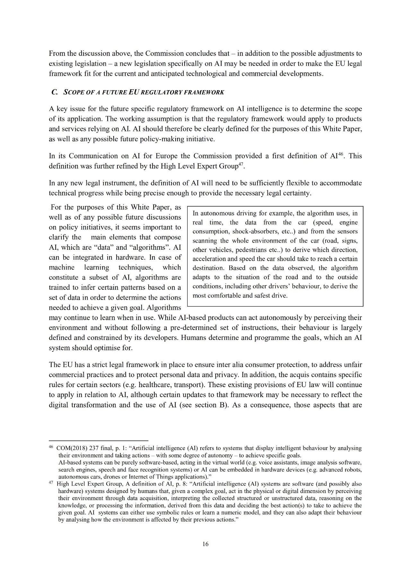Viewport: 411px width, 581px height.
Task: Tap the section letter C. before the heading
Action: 54,92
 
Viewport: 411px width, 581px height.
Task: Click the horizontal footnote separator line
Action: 98,441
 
